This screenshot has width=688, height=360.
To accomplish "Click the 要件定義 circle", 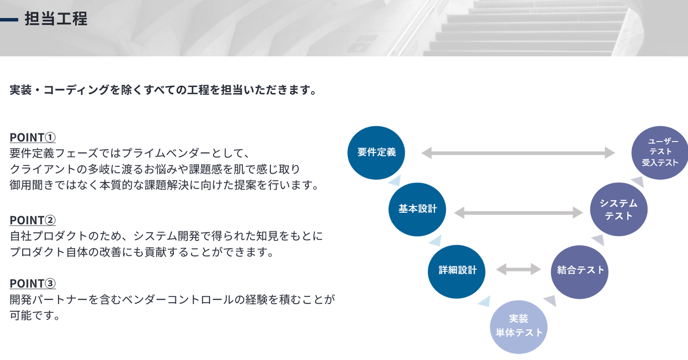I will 376,153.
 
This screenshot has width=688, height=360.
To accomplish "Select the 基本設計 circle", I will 418,209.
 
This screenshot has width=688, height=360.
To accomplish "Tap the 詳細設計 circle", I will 457,271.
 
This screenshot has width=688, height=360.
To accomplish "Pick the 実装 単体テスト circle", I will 518,326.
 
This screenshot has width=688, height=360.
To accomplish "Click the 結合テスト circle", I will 580,271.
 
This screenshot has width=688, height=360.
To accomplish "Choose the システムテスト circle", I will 619,209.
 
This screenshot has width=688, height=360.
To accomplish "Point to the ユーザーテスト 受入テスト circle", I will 660,153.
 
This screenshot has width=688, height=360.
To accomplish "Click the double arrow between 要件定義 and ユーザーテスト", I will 518,153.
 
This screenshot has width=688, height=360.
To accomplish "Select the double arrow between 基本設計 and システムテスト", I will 518,213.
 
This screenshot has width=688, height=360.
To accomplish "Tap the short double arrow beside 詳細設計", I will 518,270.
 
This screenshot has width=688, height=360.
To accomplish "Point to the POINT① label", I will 32,138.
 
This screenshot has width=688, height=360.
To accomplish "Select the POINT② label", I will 32,220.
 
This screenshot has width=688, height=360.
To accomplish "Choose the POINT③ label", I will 32,284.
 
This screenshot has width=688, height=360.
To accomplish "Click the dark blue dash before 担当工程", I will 9,20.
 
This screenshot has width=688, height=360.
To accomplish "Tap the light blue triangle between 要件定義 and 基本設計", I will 395,181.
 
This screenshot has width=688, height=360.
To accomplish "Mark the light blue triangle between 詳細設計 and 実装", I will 484,302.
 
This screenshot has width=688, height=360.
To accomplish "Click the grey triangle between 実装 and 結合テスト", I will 550,301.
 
